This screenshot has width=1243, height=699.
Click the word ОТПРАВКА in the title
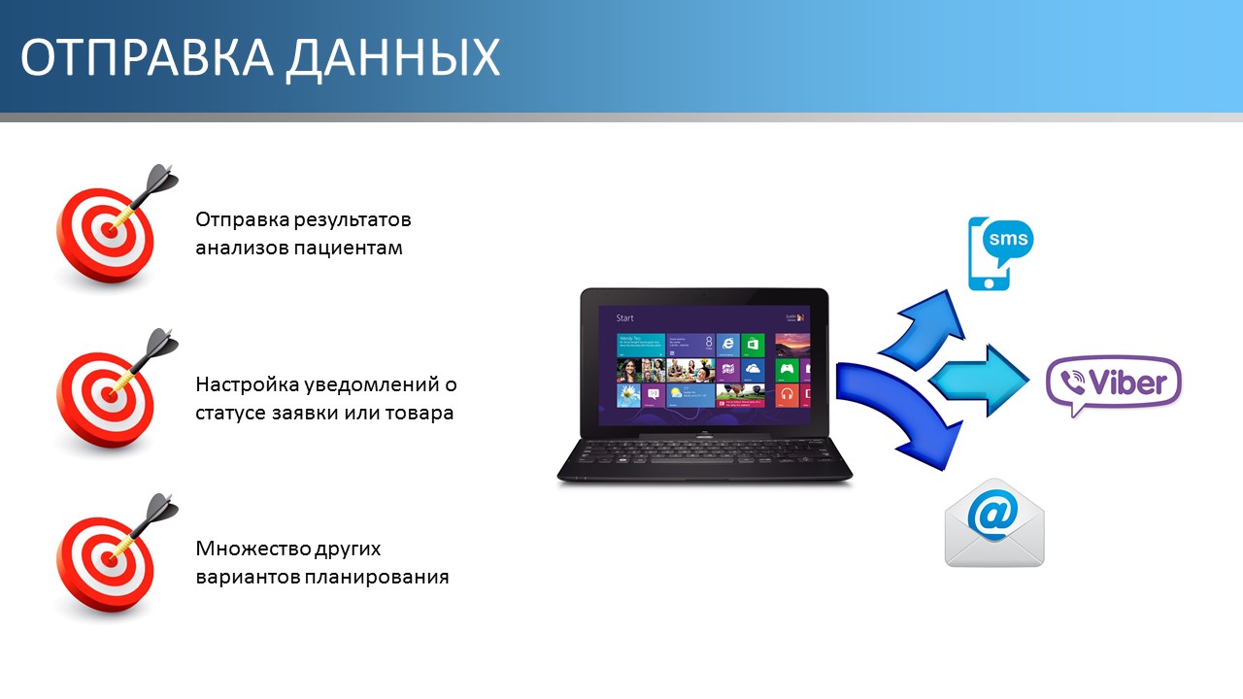(x=147, y=57)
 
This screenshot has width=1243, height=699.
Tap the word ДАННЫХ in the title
(x=393, y=58)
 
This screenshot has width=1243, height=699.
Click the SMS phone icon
(x=1000, y=253)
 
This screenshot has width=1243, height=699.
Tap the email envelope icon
(x=994, y=522)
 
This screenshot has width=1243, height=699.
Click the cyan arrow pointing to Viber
(x=979, y=381)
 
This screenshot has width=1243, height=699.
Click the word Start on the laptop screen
(x=624, y=317)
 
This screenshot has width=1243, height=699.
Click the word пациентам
(x=348, y=248)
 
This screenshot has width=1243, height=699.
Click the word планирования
(x=377, y=577)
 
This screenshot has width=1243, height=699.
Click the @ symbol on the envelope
(x=993, y=516)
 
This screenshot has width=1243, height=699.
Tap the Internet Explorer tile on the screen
(x=727, y=345)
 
